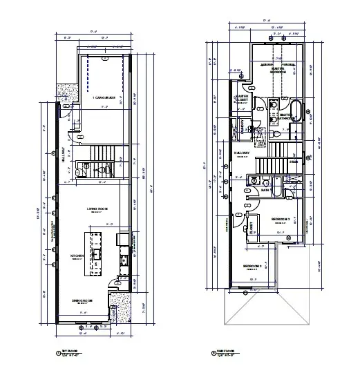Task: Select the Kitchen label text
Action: pyautogui.click(x=76, y=256)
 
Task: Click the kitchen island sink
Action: pyautogui.click(x=95, y=253)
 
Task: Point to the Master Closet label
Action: pyautogui.click(x=242, y=99)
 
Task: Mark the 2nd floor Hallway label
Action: pyautogui.click(x=242, y=153)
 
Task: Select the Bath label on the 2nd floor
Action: pyautogui.click(x=265, y=191)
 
